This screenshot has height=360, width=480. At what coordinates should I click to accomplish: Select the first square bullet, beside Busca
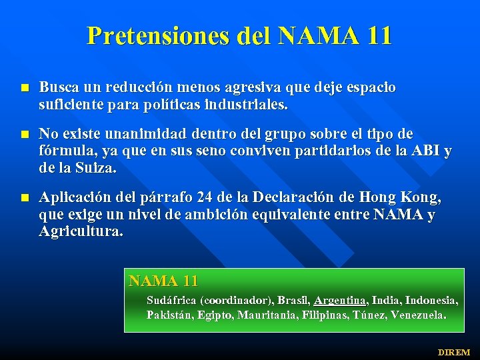(x=24, y=88)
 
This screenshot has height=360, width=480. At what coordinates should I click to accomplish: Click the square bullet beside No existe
(x=24, y=133)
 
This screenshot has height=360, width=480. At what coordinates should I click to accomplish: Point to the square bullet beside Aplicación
(x=24, y=198)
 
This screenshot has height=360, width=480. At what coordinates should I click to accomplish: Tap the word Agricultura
(x=80, y=232)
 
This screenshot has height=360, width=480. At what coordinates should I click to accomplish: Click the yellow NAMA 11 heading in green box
(x=163, y=281)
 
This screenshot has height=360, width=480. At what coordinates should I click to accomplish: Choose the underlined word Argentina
(x=341, y=300)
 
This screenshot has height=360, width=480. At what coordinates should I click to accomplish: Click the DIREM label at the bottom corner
(x=453, y=352)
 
